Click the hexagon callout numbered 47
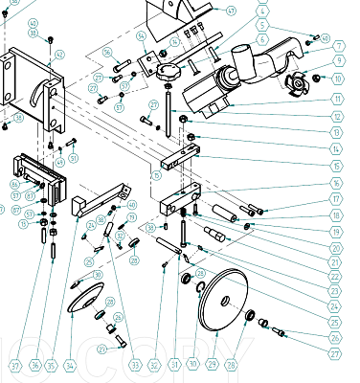coord(231,11)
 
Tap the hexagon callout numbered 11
coord(337,99)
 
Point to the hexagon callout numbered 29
coord(212,365)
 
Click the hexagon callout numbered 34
coord(70,365)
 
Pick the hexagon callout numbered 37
coord(15,365)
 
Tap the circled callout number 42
coord(33,23)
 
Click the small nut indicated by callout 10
coord(320,79)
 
